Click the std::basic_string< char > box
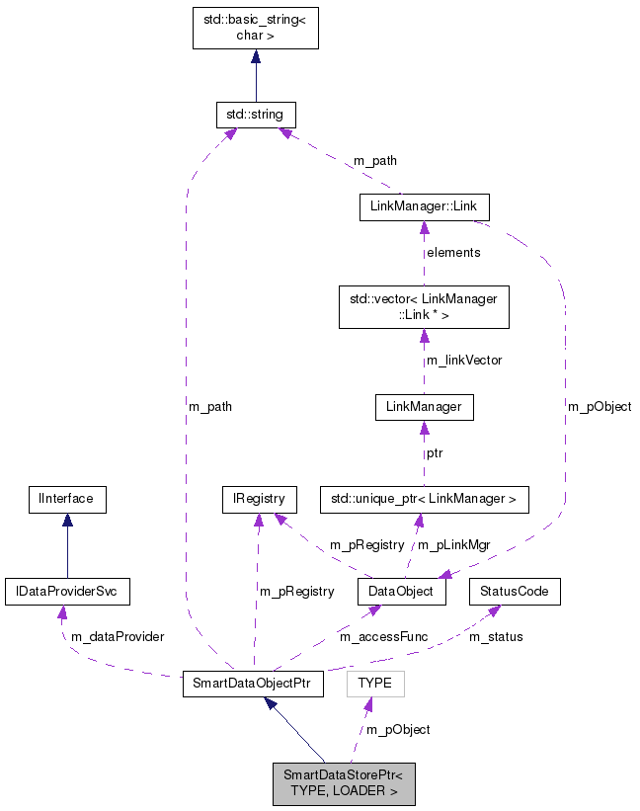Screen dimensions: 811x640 (255, 28)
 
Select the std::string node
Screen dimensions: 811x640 (256, 115)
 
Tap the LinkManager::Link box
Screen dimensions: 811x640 (424, 206)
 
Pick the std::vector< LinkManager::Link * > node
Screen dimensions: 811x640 (424, 306)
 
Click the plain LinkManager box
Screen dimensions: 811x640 (424, 406)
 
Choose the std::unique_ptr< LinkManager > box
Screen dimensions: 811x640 (424, 499)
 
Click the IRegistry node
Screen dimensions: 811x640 (258, 499)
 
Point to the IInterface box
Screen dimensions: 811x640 (66, 499)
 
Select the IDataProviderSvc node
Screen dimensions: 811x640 (67, 592)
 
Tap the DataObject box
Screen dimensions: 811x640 (401, 592)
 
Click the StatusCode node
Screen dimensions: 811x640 (514, 592)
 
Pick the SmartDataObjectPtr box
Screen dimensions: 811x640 (253, 685)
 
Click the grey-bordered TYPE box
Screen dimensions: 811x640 (375, 684)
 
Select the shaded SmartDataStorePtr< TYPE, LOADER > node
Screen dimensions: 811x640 (344, 782)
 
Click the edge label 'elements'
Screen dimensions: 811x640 (453, 253)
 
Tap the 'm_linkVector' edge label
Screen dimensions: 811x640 (463, 361)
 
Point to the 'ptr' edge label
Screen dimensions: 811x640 (436, 453)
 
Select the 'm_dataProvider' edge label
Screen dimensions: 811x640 (117, 637)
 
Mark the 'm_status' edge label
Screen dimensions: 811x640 (496, 637)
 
